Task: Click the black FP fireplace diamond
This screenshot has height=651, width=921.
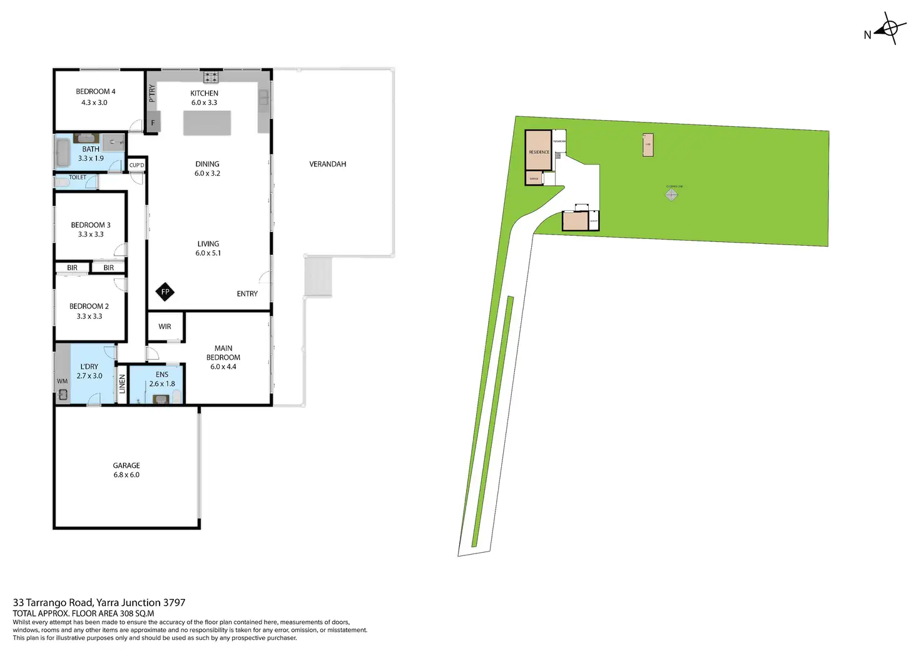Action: [x=165, y=291]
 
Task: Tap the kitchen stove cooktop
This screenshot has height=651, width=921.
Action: [x=211, y=78]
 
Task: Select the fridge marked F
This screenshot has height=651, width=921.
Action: [x=153, y=123]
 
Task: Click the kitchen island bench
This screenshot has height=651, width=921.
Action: [x=207, y=123]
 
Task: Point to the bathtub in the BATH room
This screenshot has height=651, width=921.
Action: [x=63, y=153]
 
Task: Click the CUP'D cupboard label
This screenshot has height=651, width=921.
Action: [x=136, y=165]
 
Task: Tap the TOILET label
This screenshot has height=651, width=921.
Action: [x=78, y=178]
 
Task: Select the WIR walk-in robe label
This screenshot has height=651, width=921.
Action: [x=165, y=326]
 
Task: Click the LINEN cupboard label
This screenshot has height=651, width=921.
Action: [x=123, y=383]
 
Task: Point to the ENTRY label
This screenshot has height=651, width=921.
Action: [x=247, y=294]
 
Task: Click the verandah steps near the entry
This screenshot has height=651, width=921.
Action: [x=318, y=276]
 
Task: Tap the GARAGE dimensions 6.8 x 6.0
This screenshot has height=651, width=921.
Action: [x=126, y=475]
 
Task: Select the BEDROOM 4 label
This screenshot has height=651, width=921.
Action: [x=96, y=91]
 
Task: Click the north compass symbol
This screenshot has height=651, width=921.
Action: [x=889, y=28]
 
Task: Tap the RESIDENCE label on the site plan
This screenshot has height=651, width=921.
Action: [x=539, y=152]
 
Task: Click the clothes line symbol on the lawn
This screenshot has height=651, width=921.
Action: [x=671, y=195]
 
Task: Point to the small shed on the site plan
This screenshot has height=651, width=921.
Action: [x=648, y=144]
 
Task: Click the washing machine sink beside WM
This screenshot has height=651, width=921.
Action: [x=63, y=394]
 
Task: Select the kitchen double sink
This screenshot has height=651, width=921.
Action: [x=263, y=97]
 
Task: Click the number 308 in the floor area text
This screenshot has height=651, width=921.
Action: [x=127, y=613]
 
